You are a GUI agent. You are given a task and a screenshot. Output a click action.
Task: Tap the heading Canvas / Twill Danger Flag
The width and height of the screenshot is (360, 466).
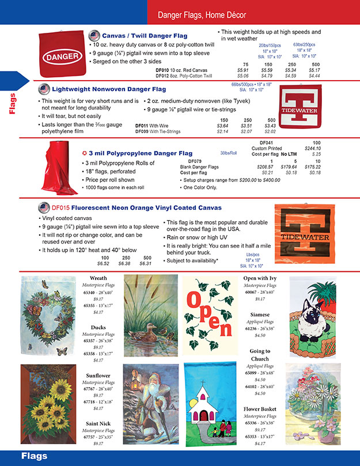click(x=145, y=36)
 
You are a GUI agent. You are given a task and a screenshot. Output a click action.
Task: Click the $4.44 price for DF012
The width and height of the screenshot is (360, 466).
click(x=314, y=75)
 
